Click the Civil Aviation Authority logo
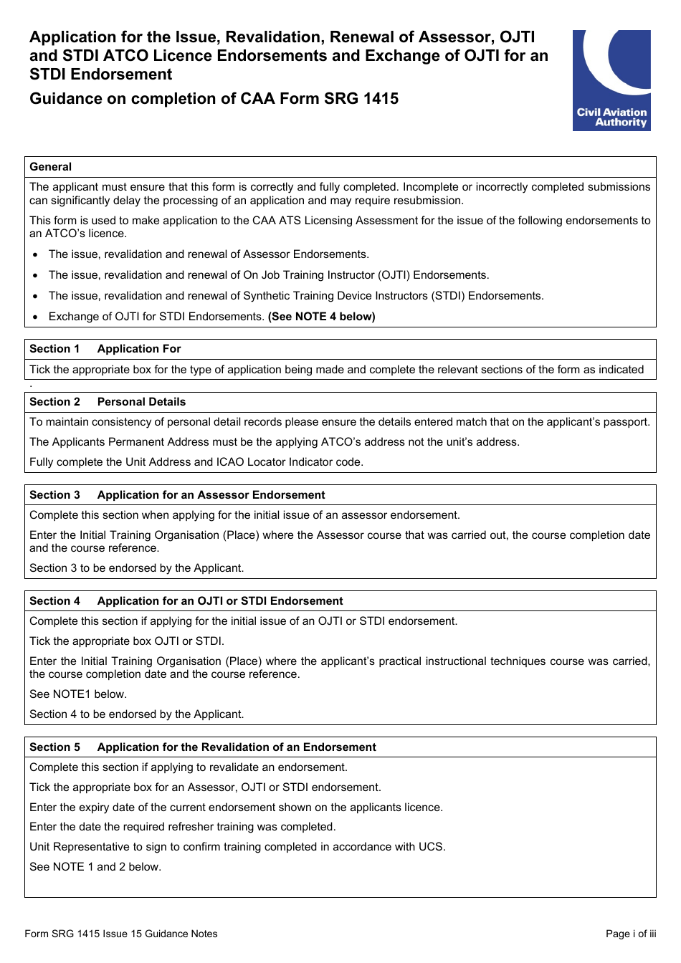pyautogui.click(x=611, y=80)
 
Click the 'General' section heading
pyautogui.click(x=51, y=167)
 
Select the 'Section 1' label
pyautogui.click(x=54, y=349)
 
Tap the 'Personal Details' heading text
pyautogui.click(x=141, y=402)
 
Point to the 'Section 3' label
pyautogui.click(x=54, y=495)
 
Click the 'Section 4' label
pyautogui.click(x=54, y=601)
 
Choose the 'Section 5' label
pyautogui.click(x=54, y=747)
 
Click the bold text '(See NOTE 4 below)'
pyautogui.click(x=321, y=317)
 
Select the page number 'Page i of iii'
pyautogui.click(x=631, y=934)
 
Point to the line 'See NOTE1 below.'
pyautogui.click(x=78, y=694)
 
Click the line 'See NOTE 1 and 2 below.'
pyautogui.click(x=95, y=867)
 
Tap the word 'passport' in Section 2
pyautogui.click(x=626, y=422)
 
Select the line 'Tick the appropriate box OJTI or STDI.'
pyautogui.click(x=127, y=641)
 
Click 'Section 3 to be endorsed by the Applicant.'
pyautogui.click(x=137, y=568)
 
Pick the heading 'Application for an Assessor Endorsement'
pyautogui.click(x=211, y=495)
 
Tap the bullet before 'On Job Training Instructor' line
pyautogui.click(x=35, y=276)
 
